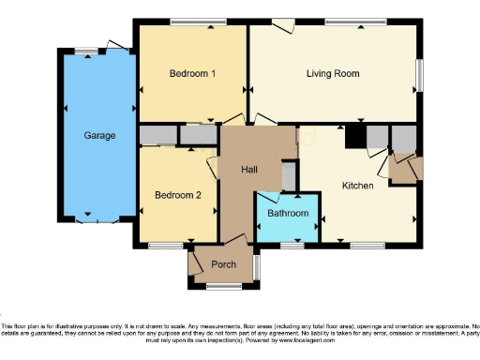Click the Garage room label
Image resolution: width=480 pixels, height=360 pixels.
click(99, 136)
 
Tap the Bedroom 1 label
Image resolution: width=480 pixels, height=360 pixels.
click(192, 73)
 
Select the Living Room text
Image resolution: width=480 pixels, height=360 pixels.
click(333, 73)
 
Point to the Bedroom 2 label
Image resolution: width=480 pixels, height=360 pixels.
click(178, 195)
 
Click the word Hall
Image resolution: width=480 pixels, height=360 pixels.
click(249, 170)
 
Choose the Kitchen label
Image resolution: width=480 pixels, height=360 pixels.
click(357, 186)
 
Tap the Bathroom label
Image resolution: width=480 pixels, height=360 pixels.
click(288, 214)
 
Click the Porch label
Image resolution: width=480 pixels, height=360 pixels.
click(223, 264)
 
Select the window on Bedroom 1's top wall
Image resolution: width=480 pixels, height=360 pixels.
click(191, 21)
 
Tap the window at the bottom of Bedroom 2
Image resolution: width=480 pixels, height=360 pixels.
click(167, 246)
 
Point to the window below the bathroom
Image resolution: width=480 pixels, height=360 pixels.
click(292, 246)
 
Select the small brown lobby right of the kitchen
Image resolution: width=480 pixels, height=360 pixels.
click(408, 169)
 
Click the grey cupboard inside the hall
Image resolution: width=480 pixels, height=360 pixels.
click(289, 175)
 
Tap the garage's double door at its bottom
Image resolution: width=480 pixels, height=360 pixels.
click(98, 221)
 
